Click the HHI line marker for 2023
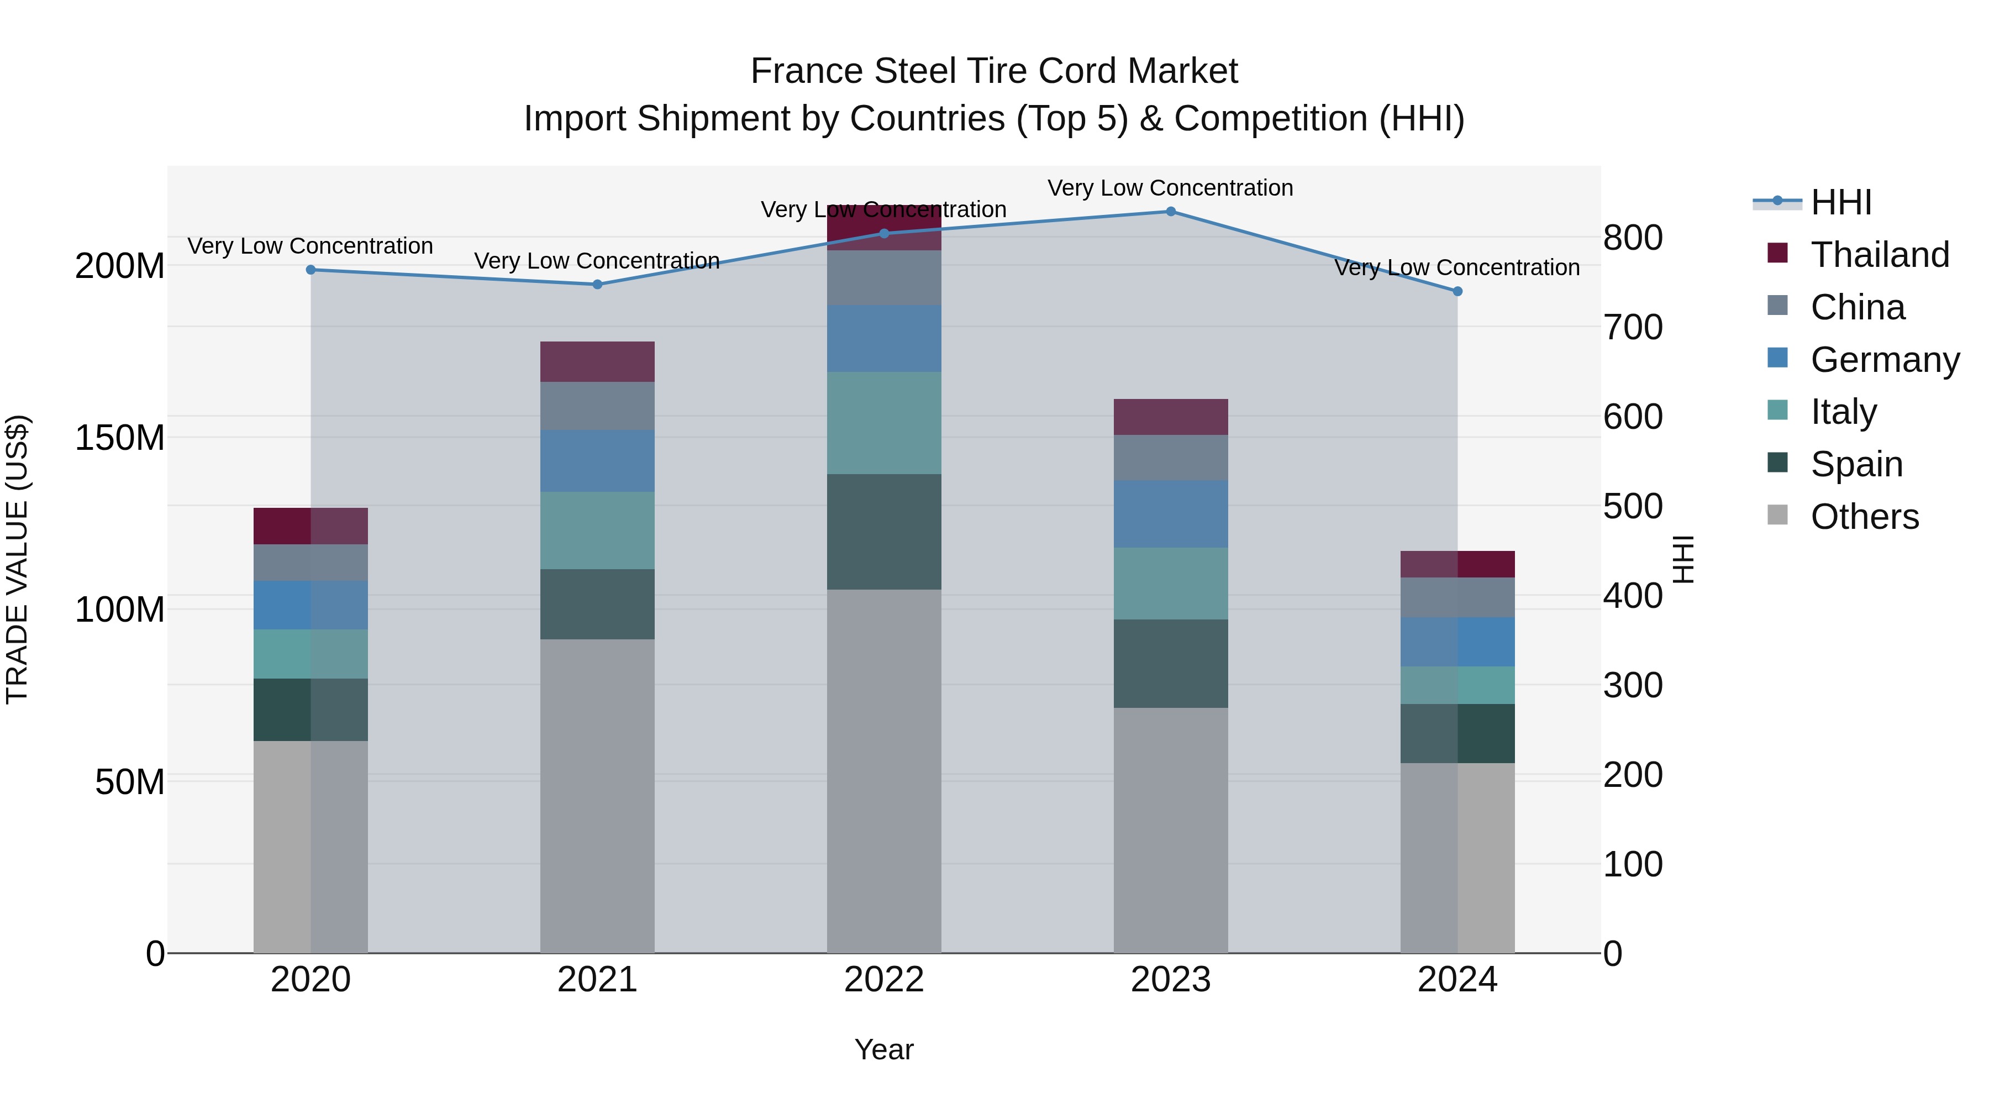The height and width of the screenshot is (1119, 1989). coord(1171,212)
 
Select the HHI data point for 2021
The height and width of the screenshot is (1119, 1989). coord(597,284)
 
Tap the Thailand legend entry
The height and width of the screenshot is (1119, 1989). coord(1880,255)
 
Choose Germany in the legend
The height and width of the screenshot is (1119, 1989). coord(1884,360)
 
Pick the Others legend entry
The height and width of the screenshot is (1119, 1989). coord(1864,517)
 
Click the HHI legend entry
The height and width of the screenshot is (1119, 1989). coord(1841,202)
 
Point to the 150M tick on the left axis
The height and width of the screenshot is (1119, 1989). coord(120,438)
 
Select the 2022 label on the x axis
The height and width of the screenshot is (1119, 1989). coord(884,980)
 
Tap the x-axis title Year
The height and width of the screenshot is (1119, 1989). coord(884,1049)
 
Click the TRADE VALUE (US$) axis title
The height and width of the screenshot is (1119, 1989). coord(17,559)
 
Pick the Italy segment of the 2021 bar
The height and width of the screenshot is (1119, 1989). coord(597,530)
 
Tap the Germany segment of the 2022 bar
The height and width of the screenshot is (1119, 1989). coord(884,338)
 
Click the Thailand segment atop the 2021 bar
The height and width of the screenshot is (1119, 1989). coord(597,361)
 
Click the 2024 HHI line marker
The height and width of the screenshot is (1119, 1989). coord(1457,291)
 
